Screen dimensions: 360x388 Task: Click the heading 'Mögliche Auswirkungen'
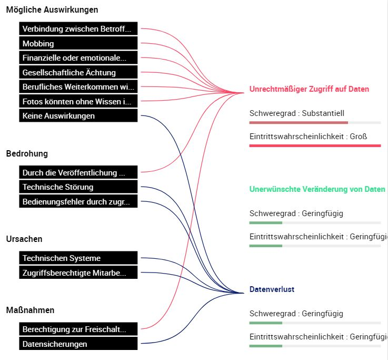52,9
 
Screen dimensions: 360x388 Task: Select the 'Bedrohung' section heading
27,153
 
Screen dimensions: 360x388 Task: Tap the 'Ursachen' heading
24,239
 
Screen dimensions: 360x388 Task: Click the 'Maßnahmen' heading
30,310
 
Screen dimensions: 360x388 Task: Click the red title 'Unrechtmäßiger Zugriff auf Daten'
309,89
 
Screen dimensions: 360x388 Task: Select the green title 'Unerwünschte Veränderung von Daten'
317,189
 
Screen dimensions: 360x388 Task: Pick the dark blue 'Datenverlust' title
272,289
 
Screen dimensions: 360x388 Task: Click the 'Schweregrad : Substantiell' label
297,113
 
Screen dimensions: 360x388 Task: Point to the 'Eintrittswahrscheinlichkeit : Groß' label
308,137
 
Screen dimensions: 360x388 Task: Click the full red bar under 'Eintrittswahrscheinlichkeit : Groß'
315,145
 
